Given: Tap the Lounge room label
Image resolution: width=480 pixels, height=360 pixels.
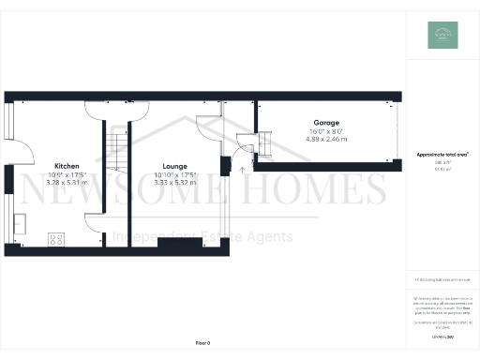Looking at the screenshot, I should (174, 165).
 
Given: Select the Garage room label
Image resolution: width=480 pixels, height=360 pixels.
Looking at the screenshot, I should (326, 123).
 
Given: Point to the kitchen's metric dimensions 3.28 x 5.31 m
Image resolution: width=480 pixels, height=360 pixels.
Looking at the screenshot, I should (67, 183).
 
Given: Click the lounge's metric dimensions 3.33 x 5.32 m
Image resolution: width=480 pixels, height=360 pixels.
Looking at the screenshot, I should (174, 183).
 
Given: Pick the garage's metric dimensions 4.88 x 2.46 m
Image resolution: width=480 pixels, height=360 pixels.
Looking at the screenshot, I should (326, 139).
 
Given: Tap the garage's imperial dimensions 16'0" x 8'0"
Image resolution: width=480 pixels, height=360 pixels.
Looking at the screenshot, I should (326, 131).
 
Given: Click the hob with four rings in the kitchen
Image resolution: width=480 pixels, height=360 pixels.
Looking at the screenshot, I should (56, 238).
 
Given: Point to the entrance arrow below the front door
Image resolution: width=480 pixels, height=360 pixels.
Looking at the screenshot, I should (242, 169).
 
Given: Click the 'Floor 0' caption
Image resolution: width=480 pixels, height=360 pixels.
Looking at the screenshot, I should (203, 344).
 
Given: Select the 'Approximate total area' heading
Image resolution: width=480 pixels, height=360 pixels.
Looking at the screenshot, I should (442, 154).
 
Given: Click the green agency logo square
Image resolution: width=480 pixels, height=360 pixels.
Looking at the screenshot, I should (442, 35).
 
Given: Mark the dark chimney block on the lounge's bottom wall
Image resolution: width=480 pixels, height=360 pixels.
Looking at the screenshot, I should (179, 245).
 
